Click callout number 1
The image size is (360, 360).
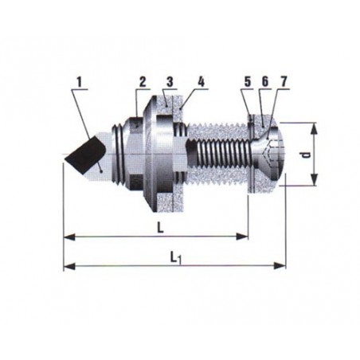(79, 83)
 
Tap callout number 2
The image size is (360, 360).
(143, 82)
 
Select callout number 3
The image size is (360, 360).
(170, 82)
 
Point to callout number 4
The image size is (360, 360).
(202, 82)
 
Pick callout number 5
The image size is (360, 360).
(248, 82)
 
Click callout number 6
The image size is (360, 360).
(265, 82)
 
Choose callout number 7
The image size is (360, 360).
(284, 82)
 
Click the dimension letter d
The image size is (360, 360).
(307, 155)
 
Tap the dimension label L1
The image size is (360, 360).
(176, 258)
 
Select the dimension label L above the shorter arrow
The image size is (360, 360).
(160, 228)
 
